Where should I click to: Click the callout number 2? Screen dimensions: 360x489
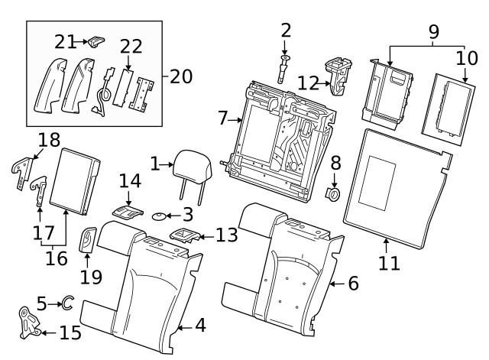click(x=286, y=31)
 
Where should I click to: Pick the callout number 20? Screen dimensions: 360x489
click(x=181, y=76)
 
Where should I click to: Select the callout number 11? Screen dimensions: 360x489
click(x=390, y=264)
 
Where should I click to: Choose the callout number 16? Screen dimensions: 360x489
click(x=56, y=258)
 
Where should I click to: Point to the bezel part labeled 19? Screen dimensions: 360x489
click(x=88, y=241)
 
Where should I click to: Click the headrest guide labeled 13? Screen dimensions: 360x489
click(x=184, y=235)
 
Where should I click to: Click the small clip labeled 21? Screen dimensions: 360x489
click(x=94, y=41)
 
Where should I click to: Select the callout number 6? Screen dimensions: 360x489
click(x=353, y=283)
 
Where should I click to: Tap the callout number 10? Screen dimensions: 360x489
click(x=465, y=58)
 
